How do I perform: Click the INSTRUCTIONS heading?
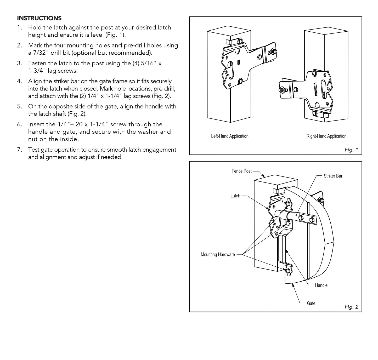pyautogui.click(x=39, y=18)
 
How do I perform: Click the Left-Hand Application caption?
pyautogui.click(x=230, y=136)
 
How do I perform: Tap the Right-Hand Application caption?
pyautogui.click(x=326, y=136)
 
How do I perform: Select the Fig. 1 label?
pyautogui.click(x=351, y=150)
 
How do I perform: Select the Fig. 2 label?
pyautogui.click(x=351, y=307)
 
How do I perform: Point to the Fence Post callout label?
pyautogui.click(x=241, y=171)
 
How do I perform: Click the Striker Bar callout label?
pyautogui.click(x=333, y=176)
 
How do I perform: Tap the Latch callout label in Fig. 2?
pyautogui.click(x=235, y=196)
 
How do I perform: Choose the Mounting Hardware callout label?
pyautogui.click(x=218, y=254)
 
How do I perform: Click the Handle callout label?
pyautogui.click(x=321, y=285)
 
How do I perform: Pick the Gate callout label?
pyautogui.click(x=311, y=303)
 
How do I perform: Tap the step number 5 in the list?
pyautogui.click(x=19, y=106)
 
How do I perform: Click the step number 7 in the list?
pyautogui.click(x=19, y=150)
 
